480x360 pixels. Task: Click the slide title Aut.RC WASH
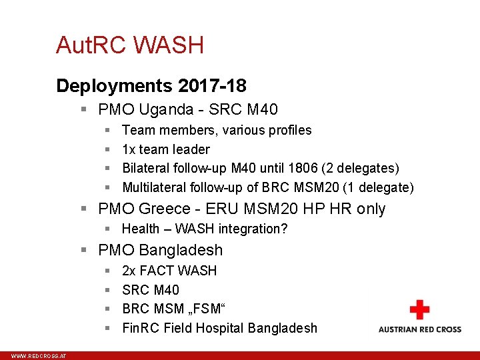click(130, 45)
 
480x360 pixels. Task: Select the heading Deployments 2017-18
click(151, 86)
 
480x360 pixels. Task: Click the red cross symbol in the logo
click(419, 310)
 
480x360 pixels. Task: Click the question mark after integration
click(285, 229)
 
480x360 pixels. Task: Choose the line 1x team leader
click(166, 149)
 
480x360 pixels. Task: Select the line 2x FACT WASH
click(169, 271)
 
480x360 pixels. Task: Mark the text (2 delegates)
click(365, 169)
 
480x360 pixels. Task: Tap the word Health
click(141, 229)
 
